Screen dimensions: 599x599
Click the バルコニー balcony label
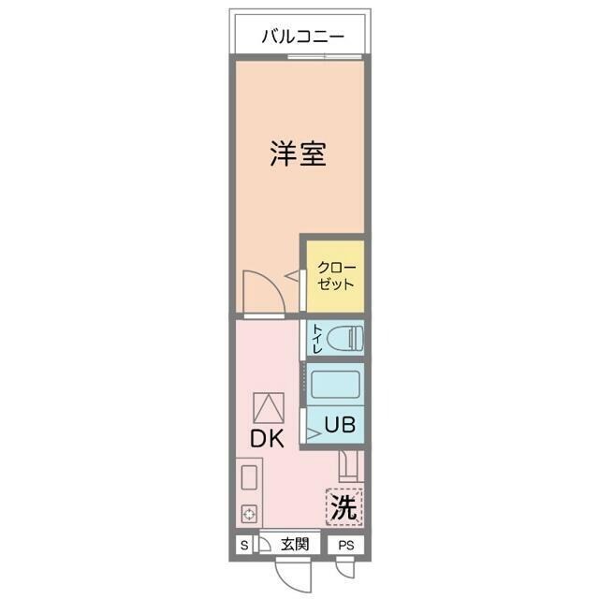pos(302,37)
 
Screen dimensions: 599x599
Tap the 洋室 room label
pos(299,153)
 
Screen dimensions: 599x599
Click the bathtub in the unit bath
pos(335,385)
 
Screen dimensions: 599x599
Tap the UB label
pos(339,424)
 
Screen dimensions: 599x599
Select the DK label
pos(268,438)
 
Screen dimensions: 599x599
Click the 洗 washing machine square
pos(344,508)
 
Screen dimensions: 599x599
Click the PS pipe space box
pos(346,545)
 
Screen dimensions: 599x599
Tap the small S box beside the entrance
pos(244,545)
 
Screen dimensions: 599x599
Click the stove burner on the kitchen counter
pos(250,514)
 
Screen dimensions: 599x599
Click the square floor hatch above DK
pos(268,406)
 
